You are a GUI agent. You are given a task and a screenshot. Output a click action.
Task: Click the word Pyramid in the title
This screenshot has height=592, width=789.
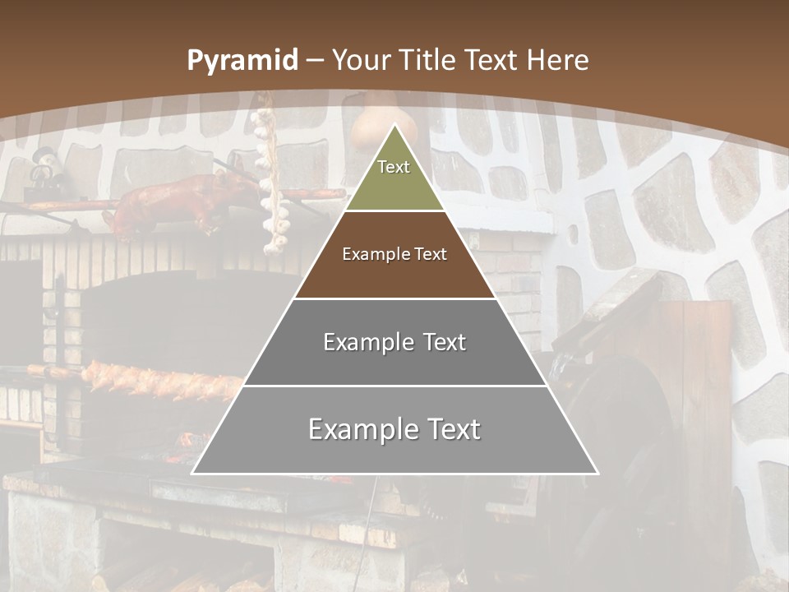coord(242,61)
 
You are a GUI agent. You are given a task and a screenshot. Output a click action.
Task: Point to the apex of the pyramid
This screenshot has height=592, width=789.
coord(394,125)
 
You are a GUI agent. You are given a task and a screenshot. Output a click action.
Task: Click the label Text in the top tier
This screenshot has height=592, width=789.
coord(394,167)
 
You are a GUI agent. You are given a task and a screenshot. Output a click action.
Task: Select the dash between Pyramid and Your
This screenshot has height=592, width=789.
coord(316,61)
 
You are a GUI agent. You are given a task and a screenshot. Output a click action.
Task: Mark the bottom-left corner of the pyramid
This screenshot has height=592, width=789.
coord(192,473)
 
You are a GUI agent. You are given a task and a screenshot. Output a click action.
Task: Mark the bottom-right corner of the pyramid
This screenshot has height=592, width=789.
coord(598,473)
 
